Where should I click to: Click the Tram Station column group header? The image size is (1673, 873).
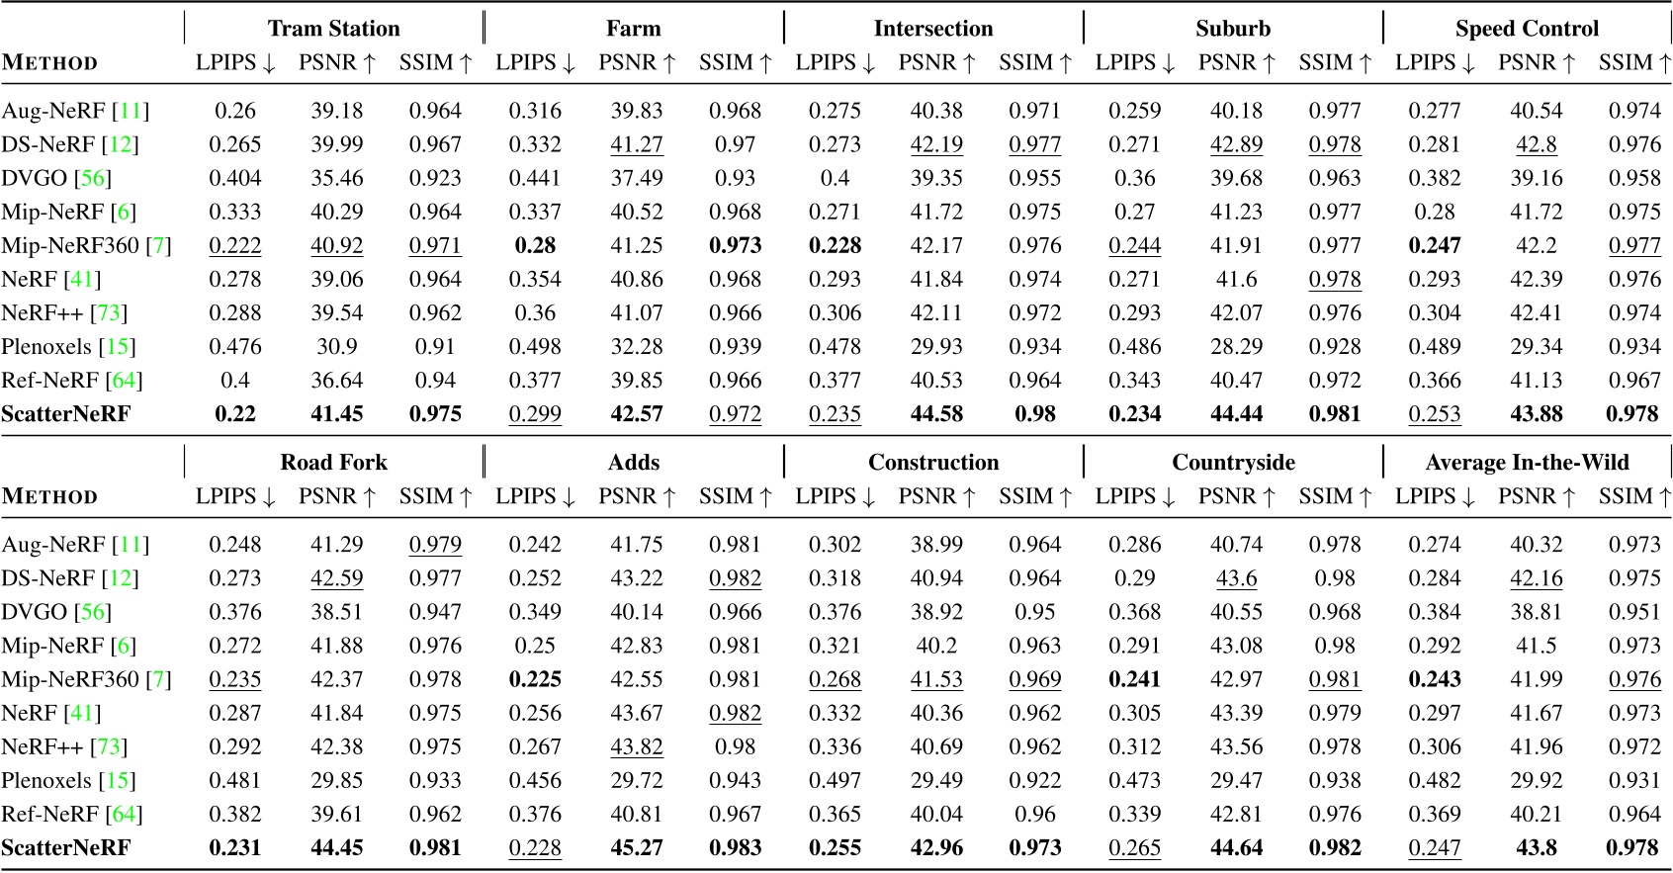tap(333, 29)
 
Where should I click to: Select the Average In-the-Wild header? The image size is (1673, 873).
tap(1527, 463)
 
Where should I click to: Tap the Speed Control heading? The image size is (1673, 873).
tap(1527, 29)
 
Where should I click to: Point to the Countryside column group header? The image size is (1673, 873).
tap(1233, 463)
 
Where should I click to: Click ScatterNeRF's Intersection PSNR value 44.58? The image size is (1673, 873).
tap(936, 414)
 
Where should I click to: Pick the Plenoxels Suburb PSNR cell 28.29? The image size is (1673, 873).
tap(1236, 347)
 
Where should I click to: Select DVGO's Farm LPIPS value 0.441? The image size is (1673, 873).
tap(535, 178)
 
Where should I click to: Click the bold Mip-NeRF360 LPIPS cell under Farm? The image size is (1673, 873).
tap(535, 245)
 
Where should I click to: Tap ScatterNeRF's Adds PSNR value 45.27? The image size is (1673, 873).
tap(637, 848)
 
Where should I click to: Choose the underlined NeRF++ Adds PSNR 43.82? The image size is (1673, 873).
tap(637, 747)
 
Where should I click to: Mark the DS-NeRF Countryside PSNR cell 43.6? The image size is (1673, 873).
tap(1236, 578)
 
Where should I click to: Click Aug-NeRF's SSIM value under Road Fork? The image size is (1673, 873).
tap(435, 545)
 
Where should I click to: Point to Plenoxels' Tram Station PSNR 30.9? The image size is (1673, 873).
tap(337, 347)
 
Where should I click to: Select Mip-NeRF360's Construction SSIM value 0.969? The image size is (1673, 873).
tap(1035, 680)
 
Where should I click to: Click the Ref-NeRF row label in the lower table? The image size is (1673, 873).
tap(49, 815)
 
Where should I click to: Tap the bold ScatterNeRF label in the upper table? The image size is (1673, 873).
tap(65, 414)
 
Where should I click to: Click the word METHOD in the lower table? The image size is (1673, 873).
tap(49, 497)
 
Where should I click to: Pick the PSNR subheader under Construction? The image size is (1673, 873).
tap(935, 497)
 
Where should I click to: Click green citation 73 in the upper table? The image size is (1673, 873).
tap(109, 313)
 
